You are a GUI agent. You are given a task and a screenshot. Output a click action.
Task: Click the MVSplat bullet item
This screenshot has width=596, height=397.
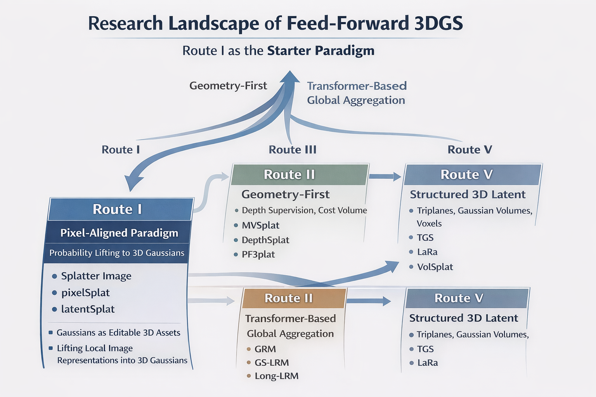click(x=260, y=225)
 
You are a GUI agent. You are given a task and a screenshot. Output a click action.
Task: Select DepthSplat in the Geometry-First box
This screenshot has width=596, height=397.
click(x=265, y=240)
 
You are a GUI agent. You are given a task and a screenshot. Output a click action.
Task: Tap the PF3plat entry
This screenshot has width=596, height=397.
click(x=258, y=254)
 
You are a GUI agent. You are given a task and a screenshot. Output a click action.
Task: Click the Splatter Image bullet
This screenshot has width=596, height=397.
click(x=96, y=276)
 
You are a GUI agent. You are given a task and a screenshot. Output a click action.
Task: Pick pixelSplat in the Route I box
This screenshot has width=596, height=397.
click(x=85, y=293)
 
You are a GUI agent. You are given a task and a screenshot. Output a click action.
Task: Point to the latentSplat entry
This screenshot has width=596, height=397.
click(x=88, y=309)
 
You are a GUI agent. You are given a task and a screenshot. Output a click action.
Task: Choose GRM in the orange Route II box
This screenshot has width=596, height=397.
click(x=265, y=349)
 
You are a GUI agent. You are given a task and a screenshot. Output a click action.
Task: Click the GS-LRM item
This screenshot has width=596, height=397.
click(x=272, y=362)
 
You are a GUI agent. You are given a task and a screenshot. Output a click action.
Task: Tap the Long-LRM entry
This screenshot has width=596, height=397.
click(x=276, y=376)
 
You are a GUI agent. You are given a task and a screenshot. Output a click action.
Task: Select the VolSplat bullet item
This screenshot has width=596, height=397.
click(x=435, y=267)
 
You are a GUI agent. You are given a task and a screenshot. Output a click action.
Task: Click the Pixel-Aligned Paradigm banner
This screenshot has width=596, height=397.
click(x=119, y=233)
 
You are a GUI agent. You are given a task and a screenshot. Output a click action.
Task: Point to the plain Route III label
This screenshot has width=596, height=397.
click(x=293, y=150)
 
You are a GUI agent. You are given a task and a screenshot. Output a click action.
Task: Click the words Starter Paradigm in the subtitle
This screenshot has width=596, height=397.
click(x=321, y=50)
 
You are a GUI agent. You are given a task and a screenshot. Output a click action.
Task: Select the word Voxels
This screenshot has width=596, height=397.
click(x=429, y=224)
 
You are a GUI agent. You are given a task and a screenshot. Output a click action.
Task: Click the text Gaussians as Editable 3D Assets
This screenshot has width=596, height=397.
click(x=118, y=333)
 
